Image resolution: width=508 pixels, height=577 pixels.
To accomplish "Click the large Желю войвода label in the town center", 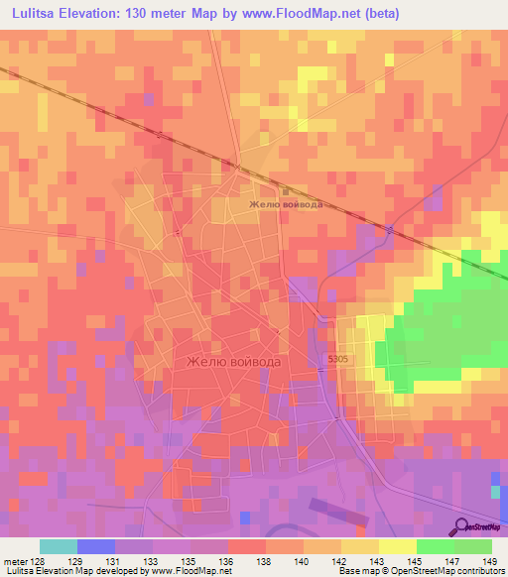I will (x=234, y=362).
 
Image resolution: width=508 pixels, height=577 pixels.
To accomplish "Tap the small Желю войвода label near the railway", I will (x=285, y=205).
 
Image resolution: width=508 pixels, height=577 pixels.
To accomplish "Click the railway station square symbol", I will (x=286, y=191).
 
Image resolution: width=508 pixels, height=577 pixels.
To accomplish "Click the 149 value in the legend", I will (x=490, y=561).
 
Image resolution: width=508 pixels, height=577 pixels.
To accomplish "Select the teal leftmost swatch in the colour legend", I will (x=58, y=546).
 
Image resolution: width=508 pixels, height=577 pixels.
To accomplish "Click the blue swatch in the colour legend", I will (x=95, y=546).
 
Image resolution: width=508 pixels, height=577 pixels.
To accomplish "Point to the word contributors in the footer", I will (x=477, y=572).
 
